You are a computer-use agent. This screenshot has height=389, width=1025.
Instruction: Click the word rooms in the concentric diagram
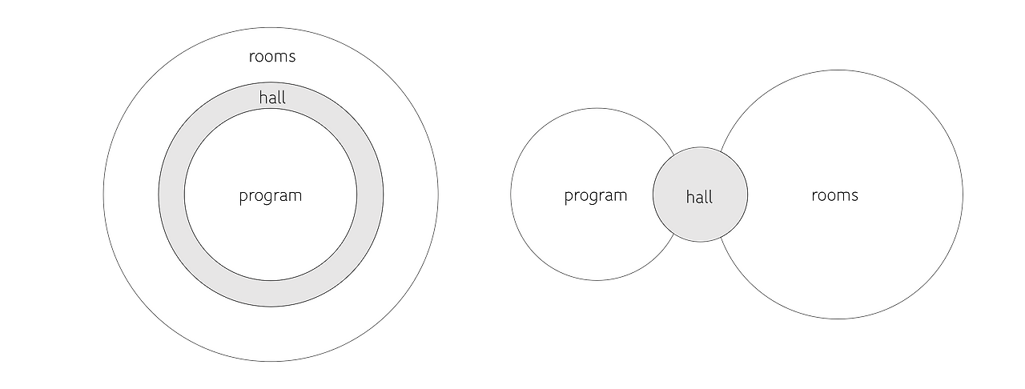272,57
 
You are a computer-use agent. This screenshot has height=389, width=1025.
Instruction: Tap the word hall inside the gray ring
272,98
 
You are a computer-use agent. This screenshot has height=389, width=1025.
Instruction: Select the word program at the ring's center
271,196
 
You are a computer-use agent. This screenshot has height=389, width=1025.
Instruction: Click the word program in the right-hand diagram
596,196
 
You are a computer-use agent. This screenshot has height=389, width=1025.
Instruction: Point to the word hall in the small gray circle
699,197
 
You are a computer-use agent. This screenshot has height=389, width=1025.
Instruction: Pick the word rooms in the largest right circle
834,195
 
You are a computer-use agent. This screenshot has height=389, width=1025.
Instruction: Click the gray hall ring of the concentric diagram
171,194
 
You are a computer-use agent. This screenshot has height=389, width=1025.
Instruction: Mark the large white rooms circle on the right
841,256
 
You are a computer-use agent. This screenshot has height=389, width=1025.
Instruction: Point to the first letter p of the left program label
243,198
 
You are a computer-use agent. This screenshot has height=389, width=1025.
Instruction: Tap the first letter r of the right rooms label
814,196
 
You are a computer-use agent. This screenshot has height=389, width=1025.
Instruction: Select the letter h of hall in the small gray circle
689,196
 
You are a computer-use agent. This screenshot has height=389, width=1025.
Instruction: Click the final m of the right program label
621,196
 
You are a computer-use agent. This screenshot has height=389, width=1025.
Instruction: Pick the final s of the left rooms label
292,57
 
